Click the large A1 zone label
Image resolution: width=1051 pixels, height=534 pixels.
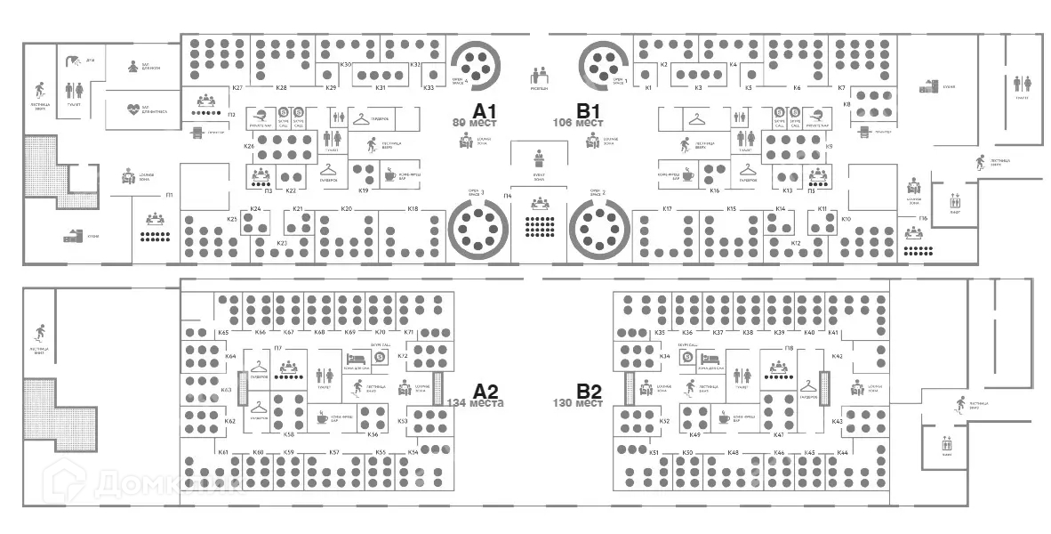pos(484,111)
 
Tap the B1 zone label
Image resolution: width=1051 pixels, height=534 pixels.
pos(589,111)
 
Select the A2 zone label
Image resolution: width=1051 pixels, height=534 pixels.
pos(485,391)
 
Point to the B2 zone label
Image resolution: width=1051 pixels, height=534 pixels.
pos(589,391)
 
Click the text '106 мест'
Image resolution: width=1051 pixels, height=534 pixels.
pos(573,123)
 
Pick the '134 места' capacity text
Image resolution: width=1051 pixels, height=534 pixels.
pos(476,403)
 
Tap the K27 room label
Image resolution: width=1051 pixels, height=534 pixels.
pos(237,87)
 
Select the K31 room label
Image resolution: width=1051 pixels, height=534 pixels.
pos(380,87)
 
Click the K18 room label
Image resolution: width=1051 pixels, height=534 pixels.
pos(413,209)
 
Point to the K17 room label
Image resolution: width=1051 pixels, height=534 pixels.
pos(667,209)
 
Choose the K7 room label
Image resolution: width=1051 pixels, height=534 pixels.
pos(841,87)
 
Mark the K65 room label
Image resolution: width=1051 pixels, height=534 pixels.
pos(223,332)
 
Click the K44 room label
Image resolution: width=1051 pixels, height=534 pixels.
pos(842,453)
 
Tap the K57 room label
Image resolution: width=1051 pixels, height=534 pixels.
pos(334,453)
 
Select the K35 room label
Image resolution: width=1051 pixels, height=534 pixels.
pos(660,332)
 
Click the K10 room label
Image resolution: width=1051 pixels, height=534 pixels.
pos(846,218)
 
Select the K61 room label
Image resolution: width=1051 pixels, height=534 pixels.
pos(223,453)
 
